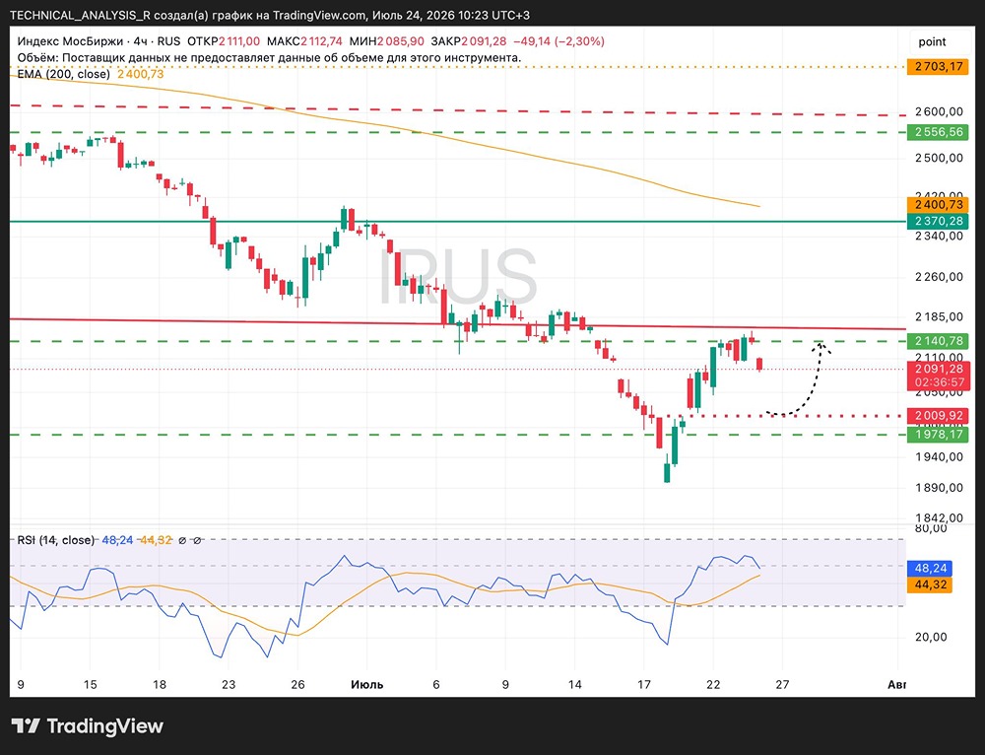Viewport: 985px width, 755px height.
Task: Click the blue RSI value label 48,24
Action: pos(930,569)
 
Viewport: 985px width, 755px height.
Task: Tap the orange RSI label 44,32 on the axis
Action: pos(930,584)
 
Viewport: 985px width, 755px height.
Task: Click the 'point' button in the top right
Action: pos(932,41)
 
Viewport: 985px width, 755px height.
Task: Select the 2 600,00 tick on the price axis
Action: pos(939,112)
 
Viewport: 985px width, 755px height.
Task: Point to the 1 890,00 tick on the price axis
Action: pos(939,487)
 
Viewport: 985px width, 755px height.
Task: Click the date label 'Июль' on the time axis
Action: pos(366,684)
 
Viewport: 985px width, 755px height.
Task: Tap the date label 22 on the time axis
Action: pos(712,684)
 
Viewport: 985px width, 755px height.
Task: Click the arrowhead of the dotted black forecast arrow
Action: pos(821,345)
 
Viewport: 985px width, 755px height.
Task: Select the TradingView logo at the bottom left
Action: pos(88,726)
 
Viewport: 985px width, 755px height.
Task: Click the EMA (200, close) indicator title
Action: pos(63,74)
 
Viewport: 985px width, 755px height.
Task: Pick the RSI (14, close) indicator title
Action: pos(56,540)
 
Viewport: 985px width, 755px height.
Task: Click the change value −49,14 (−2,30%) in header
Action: pos(558,41)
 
